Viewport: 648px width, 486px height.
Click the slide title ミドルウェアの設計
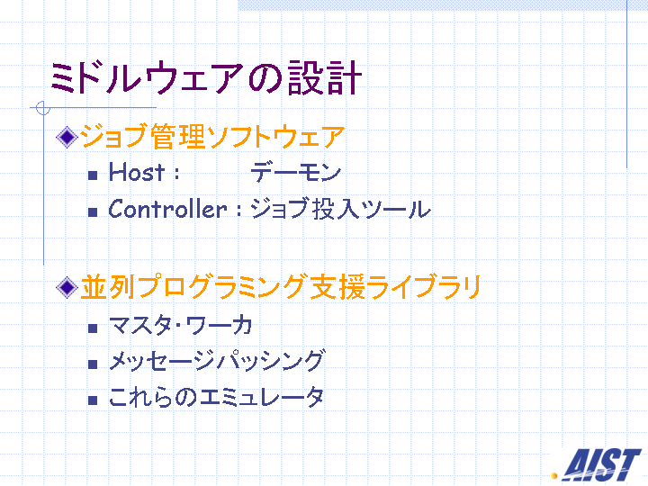206,77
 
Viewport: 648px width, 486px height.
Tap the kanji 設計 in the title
325,77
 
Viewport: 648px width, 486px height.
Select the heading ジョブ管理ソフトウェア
212,137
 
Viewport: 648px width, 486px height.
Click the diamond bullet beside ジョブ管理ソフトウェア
67,137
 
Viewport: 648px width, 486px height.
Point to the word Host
137,172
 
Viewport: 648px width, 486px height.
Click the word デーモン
296,172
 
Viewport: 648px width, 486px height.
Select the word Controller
167,209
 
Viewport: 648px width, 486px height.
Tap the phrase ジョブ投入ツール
340,209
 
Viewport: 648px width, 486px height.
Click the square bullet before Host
93,175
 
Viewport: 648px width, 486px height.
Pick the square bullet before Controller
93,212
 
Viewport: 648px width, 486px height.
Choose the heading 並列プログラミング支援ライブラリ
281,287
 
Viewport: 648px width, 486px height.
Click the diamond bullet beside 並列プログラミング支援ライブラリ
67,287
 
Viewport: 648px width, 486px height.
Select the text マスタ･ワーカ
181,325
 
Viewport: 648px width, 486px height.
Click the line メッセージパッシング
216,361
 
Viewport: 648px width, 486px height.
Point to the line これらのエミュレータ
216,397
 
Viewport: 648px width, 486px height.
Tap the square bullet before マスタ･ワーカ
93,328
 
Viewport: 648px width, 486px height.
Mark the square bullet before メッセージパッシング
93,364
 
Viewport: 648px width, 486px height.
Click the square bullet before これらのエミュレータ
93,400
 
